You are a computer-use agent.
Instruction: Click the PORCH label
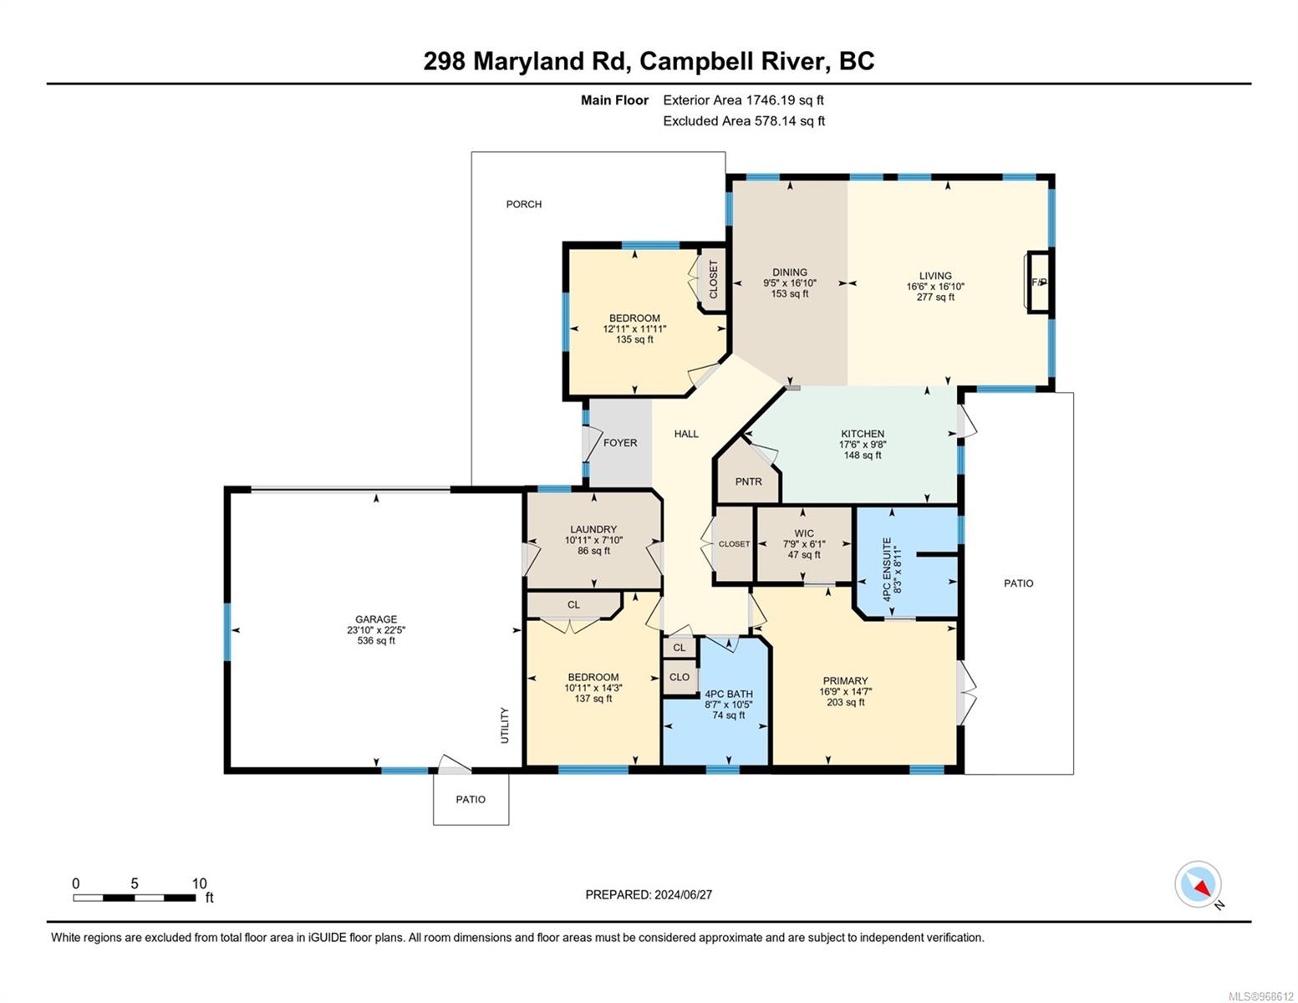(523, 204)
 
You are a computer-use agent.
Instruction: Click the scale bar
(135, 897)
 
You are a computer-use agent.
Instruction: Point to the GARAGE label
(376, 619)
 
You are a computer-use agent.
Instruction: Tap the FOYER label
(620, 443)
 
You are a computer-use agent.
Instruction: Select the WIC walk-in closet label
(804, 533)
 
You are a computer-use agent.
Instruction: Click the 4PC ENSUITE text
(887, 569)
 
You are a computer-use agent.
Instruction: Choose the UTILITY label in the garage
(505, 726)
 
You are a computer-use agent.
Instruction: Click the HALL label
(685, 434)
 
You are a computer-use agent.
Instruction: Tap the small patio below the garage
(471, 799)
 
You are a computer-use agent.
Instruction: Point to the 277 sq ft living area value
(935, 297)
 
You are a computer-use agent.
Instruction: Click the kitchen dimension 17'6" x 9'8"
(863, 445)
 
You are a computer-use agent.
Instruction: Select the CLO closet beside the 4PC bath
(680, 677)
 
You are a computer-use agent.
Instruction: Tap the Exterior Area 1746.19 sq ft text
(743, 100)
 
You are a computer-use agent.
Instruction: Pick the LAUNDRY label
(593, 529)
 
